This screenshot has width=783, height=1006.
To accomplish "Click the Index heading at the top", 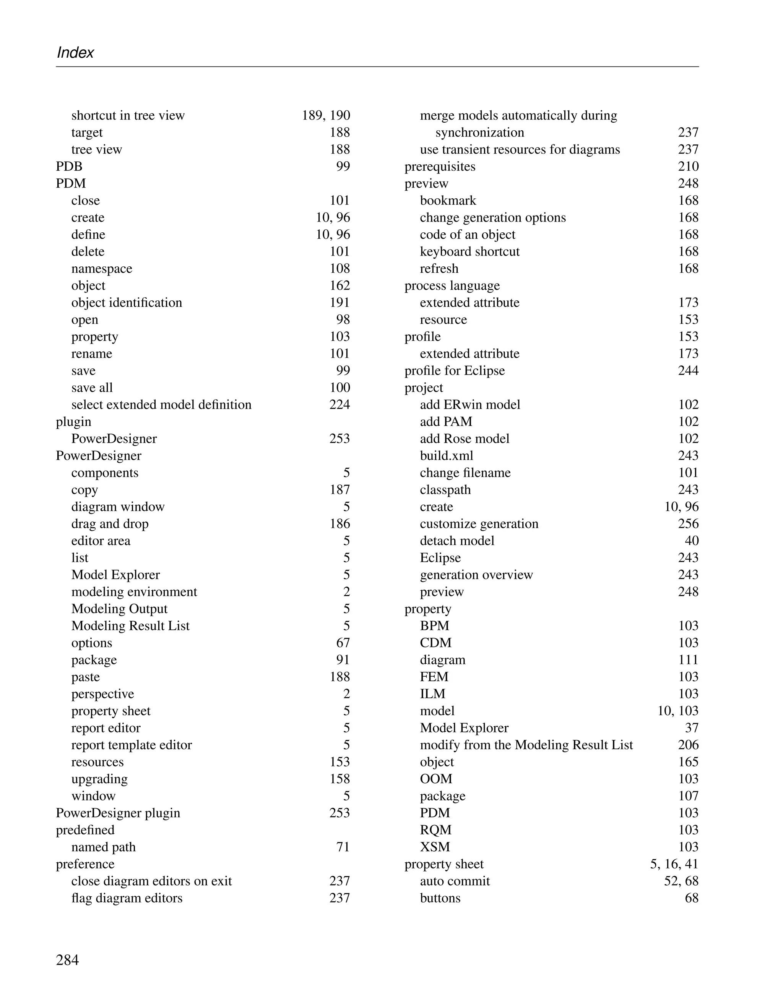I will coord(75,52).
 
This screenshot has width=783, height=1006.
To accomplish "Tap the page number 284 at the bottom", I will coord(67,960).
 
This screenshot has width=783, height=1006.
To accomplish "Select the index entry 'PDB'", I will coord(69,166).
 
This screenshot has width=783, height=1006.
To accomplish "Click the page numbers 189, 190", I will coord(326,115).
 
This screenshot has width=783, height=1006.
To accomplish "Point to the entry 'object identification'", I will coord(127,303).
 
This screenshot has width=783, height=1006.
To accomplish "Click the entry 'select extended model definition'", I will coord(161,405).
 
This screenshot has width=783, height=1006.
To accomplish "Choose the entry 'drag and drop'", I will coord(110,524).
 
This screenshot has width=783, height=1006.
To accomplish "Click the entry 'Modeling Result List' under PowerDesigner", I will coord(130,625).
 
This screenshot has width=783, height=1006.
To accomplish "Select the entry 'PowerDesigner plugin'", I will coord(118,813).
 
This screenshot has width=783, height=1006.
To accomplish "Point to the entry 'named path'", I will coord(103,847).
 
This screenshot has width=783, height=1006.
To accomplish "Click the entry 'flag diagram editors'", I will coord(127,898).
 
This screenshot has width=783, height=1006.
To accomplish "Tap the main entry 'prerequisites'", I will coord(440,166).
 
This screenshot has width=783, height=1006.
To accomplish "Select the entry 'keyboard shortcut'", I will coord(469,251).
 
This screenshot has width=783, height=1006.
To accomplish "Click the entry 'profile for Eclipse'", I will coord(455,370).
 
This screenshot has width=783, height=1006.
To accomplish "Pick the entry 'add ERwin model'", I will coord(470,405).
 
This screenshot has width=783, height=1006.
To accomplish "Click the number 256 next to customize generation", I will coord(688,524).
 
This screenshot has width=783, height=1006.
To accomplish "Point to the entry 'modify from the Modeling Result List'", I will coord(526,745).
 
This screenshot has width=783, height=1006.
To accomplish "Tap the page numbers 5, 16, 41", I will coord(674,864).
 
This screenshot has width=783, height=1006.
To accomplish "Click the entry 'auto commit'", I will coord(455,881).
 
